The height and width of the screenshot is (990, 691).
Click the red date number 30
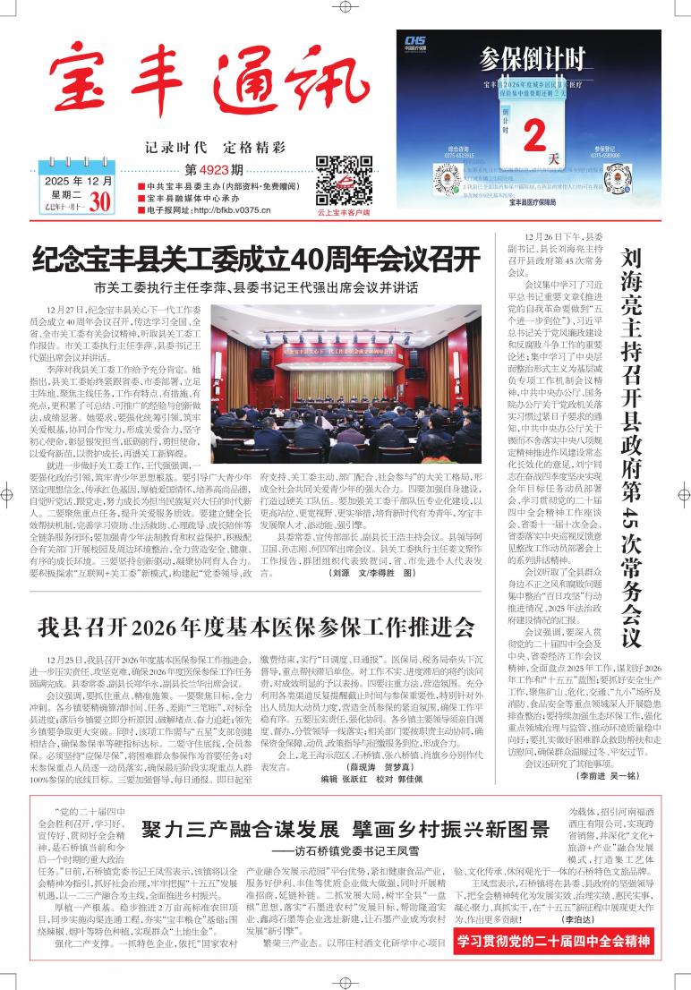[x=99, y=202]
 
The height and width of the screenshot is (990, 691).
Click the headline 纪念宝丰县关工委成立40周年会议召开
[x=255, y=260]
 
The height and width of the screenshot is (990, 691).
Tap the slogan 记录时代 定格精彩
[x=215, y=147]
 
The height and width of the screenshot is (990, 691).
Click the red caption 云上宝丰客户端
[x=343, y=212]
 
